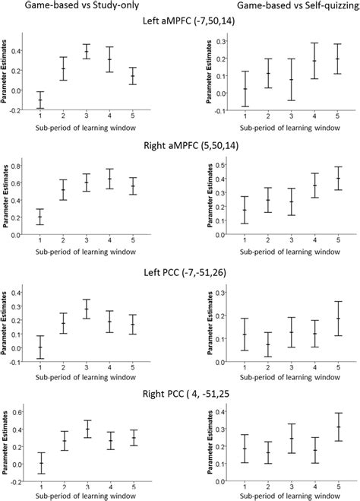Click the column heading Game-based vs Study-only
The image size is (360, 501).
pyautogui.click(x=77, y=6)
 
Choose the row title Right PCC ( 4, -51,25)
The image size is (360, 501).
pyautogui.click(x=181, y=388)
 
